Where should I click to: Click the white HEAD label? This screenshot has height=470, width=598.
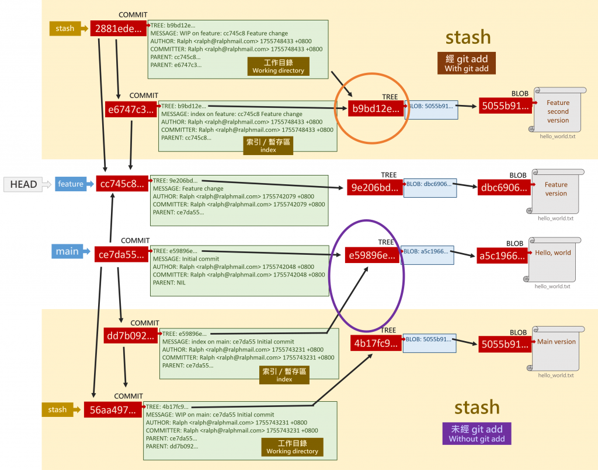pyautogui.click(x=23, y=184)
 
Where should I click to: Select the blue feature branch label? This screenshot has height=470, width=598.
pyautogui.click(x=71, y=184)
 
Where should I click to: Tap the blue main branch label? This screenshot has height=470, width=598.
pyautogui.click(x=67, y=252)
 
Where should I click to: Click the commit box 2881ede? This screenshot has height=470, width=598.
pyautogui.click(x=117, y=29)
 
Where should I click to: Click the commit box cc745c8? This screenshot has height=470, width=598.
pyautogui.click(x=121, y=184)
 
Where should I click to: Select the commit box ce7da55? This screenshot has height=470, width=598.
pyautogui.click(x=119, y=254)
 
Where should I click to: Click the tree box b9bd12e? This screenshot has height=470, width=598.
pyautogui.click(x=376, y=108)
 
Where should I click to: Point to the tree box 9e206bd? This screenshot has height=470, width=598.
pyautogui.click(x=374, y=188)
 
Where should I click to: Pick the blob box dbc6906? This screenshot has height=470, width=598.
pyautogui.click(x=503, y=188)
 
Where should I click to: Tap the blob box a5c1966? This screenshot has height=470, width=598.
pyautogui.click(x=502, y=255)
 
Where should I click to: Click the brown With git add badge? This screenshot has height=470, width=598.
pyautogui.click(x=466, y=63)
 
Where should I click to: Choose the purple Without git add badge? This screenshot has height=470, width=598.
pyautogui.click(x=477, y=433)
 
